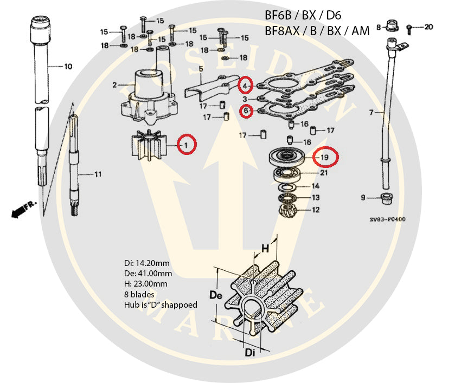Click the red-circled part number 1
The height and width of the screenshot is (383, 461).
(x=186, y=144)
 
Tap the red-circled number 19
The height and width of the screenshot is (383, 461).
(x=325, y=157)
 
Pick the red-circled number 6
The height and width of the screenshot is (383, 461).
(x=246, y=111)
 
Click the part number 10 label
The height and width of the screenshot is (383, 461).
(x=68, y=67)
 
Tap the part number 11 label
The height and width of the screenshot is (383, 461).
(x=98, y=175)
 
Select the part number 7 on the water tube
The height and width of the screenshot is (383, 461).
(x=371, y=112)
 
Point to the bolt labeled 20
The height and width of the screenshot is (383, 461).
(x=412, y=26)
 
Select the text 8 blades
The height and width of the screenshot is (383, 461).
(x=138, y=294)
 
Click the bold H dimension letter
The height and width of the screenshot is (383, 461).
(x=265, y=248)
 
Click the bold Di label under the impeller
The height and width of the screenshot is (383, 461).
(x=248, y=352)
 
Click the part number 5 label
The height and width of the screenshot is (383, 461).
(x=201, y=69)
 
